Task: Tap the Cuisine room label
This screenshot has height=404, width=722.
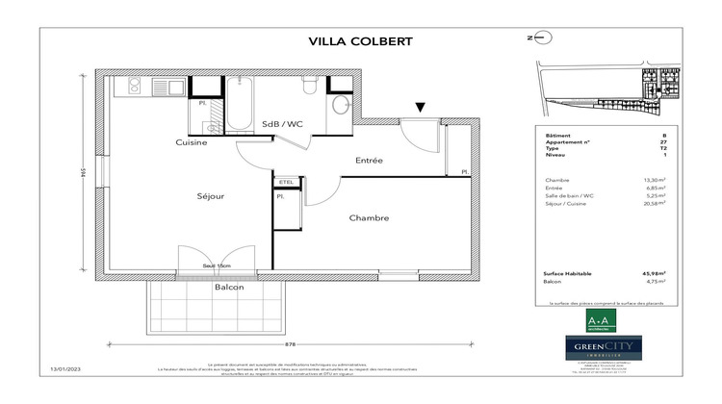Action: click(191, 142)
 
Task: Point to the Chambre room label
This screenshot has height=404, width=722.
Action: click(369, 218)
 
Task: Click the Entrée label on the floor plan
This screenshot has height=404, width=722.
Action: click(371, 160)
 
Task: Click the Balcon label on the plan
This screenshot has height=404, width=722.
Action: click(229, 287)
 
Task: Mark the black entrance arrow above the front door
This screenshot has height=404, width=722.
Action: click(420, 108)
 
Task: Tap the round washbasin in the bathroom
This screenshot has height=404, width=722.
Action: click(341, 106)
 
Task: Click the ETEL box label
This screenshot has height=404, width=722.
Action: click(286, 181)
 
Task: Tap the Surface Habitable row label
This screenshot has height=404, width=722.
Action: click(564, 274)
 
